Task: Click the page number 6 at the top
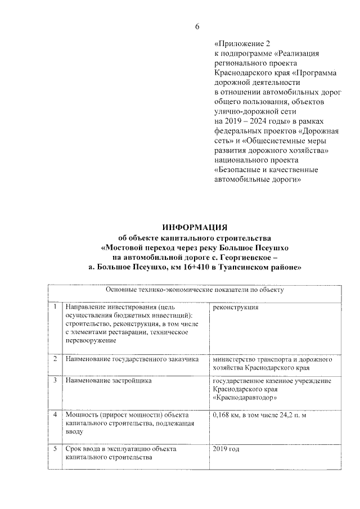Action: tap(197, 26)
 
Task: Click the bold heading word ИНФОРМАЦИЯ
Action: tap(194, 227)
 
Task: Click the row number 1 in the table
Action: tap(55, 308)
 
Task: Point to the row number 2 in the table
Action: tap(55, 358)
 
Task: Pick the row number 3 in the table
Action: tap(55, 381)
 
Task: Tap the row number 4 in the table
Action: tap(55, 415)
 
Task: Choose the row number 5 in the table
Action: tap(55, 449)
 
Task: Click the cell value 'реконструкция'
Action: tap(236, 308)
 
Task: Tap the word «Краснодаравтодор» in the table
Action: tap(245, 398)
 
